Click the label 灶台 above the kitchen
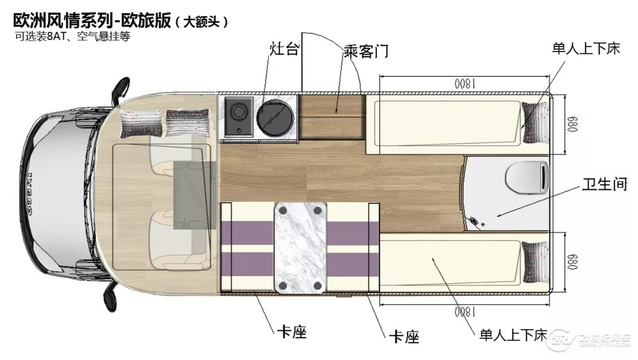tap(284, 49)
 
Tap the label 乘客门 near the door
tap(366, 51)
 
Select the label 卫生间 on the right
tap(605, 184)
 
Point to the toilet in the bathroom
tap(528, 177)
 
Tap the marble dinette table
tap(301, 248)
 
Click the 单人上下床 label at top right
tap(586, 48)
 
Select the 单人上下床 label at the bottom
tap(513, 335)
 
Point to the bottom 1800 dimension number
tap(465, 312)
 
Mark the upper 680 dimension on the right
tap(572, 124)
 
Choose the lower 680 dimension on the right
tap(572, 262)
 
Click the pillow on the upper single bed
tap(535, 122)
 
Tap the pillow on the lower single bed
tap(535, 262)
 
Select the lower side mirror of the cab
tap(110, 297)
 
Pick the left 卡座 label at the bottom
tap(291, 332)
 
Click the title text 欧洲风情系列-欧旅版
tap(92, 21)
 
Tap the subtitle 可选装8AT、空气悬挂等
tap(73, 36)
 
